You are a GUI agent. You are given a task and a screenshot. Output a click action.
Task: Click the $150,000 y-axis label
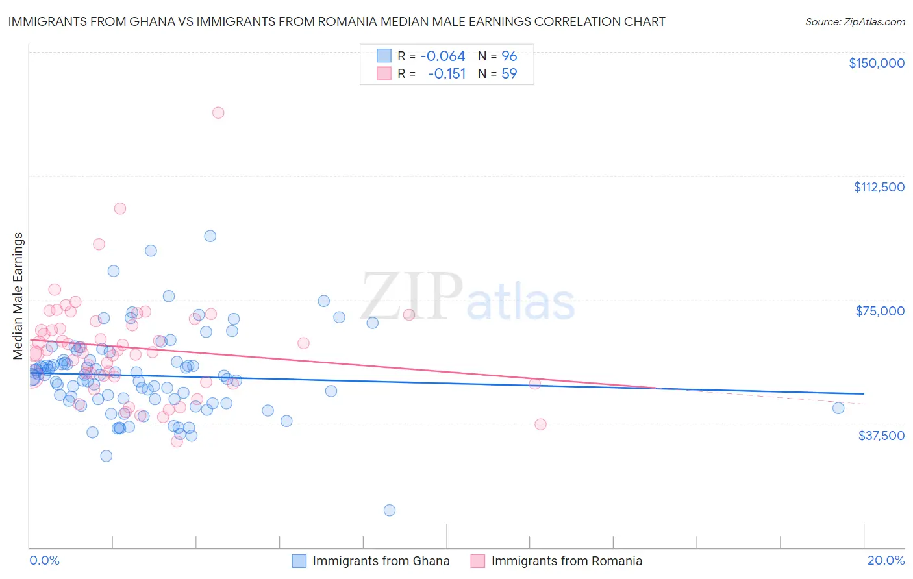pyautogui.click(x=876, y=63)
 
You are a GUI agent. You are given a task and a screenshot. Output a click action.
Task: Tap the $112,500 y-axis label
pyautogui.click(x=879, y=187)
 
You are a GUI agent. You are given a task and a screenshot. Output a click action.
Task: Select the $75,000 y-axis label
pyautogui.click(x=880, y=311)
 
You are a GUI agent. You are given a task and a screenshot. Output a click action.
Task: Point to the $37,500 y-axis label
pyautogui.click(x=881, y=435)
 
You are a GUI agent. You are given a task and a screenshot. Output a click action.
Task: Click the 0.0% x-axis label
pyautogui.click(x=44, y=560)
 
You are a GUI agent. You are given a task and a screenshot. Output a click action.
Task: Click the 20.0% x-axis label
pyautogui.click(x=886, y=560)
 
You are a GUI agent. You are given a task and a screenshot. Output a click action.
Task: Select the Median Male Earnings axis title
pyautogui.click(x=18, y=295)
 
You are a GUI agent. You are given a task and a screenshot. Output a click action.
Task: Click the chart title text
pyautogui.click(x=336, y=21)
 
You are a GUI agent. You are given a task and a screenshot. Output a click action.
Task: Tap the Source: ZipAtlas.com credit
pyautogui.click(x=855, y=21)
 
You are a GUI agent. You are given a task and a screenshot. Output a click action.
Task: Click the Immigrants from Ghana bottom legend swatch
pyautogui.click(x=299, y=561)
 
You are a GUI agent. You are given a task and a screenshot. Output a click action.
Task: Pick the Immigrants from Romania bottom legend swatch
pyautogui.click(x=477, y=561)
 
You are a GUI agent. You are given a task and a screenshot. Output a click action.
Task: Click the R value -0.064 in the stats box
pyautogui.click(x=442, y=56)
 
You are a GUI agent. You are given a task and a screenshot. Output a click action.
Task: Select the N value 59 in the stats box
pyautogui.click(x=509, y=73)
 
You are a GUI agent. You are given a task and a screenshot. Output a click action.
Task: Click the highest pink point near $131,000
pyautogui.click(x=218, y=113)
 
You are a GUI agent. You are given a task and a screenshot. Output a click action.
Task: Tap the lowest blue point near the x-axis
pyautogui.click(x=390, y=510)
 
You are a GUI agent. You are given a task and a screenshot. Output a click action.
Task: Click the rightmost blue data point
pyautogui.click(x=838, y=408)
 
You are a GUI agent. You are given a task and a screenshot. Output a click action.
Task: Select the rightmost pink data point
pyautogui.click(x=540, y=425)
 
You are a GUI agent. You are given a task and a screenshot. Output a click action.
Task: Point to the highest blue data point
pyautogui.click(x=210, y=236)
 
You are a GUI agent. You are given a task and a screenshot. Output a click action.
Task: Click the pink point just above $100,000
pyautogui.click(x=120, y=208)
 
